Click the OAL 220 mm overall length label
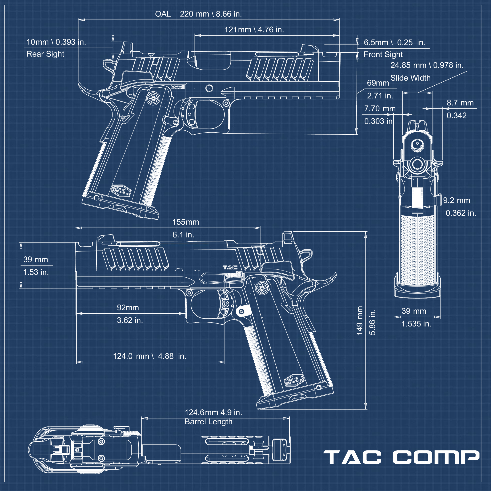coord(198,14)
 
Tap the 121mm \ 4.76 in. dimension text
coord(254,30)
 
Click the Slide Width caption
coord(410,78)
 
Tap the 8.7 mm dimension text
coord(460,103)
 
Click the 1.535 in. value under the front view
coord(416,324)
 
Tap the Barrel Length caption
coord(208,422)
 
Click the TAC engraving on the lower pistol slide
coord(230,267)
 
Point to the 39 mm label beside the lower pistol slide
coord(36,259)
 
